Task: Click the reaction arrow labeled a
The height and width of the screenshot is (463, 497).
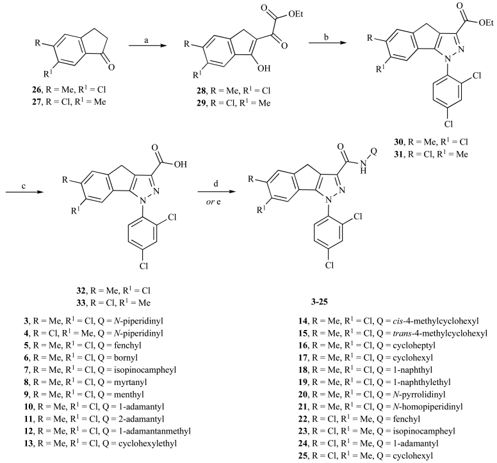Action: point(148,46)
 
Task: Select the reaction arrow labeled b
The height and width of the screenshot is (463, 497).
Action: point(327,42)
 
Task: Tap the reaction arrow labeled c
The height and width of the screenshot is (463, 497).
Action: point(24,192)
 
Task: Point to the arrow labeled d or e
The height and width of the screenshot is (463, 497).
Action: point(217,192)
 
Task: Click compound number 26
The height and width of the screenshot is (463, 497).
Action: point(36,90)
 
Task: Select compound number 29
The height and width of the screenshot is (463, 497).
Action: point(201,103)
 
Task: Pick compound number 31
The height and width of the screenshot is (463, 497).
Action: point(398,154)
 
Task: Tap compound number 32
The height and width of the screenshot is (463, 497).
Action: point(81,290)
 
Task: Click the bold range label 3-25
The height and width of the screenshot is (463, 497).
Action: point(319,302)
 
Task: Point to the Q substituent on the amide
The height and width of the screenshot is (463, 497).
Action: point(373,152)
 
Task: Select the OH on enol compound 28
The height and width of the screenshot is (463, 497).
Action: point(264,68)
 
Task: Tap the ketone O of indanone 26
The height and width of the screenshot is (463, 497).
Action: point(111,67)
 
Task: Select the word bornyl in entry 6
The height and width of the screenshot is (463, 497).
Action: point(127,357)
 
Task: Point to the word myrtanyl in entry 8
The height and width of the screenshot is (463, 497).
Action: point(132,382)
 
